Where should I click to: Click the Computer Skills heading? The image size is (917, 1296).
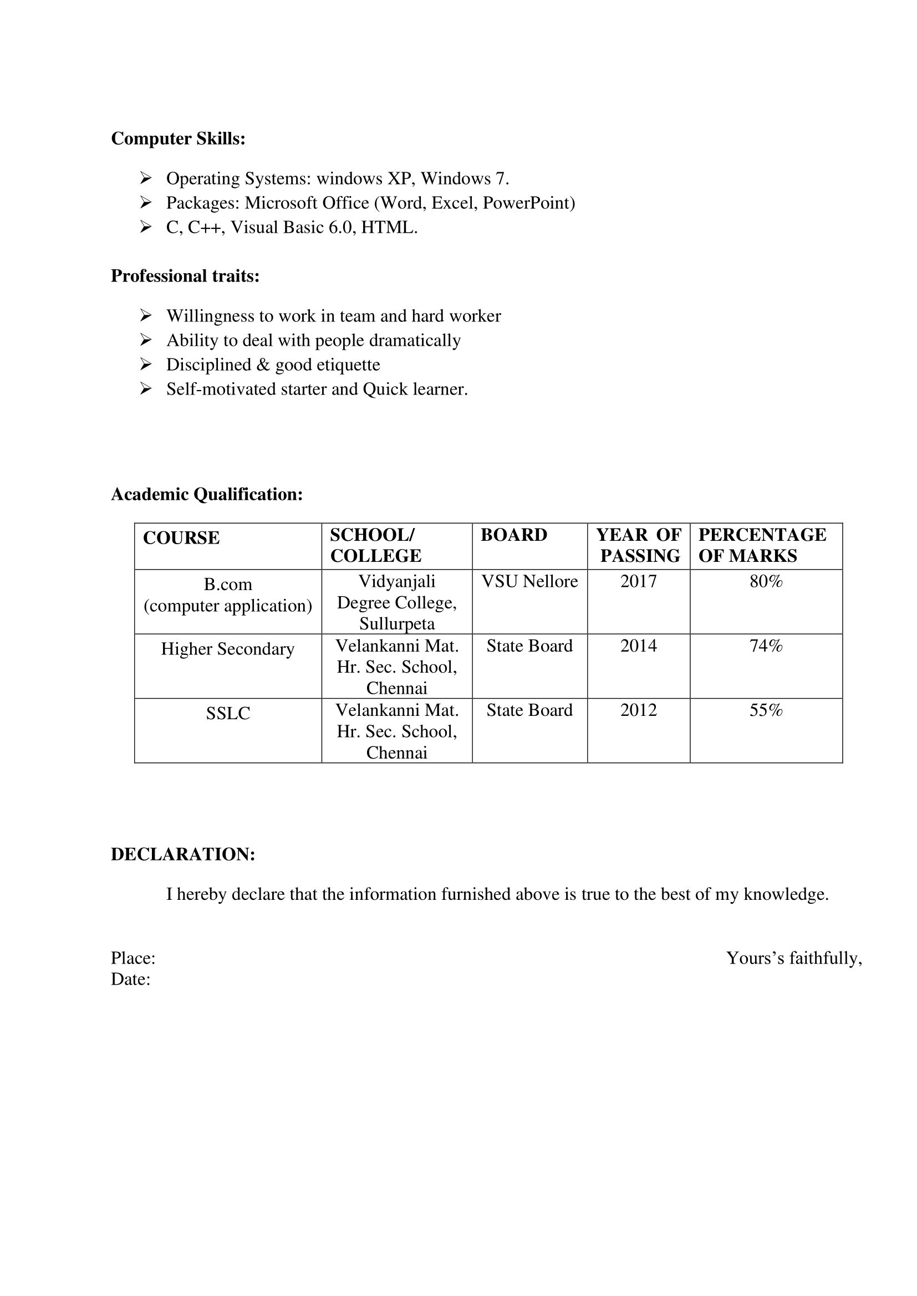[x=178, y=139]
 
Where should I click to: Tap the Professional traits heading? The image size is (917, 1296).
[x=185, y=276]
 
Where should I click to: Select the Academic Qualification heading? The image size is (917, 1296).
[x=207, y=494]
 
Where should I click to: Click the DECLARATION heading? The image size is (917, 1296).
[x=183, y=854]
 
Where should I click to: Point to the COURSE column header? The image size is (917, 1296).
[x=181, y=538]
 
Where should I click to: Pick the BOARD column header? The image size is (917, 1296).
[x=514, y=535]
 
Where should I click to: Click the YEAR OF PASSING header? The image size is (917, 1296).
[x=639, y=545]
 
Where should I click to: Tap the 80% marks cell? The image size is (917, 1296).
[x=766, y=581]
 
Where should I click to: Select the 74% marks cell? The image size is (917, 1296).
[x=766, y=646]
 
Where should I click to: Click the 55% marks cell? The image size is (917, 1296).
[x=766, y=710]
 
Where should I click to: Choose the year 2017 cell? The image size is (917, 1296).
[x=639, y=581]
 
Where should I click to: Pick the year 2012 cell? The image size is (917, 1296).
[x=639, y=710]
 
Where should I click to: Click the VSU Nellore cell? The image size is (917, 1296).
[x=529, y=581]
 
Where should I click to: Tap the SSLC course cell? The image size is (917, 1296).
[x=227, y=714]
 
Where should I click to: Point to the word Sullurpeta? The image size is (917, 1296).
[x=397, y=624]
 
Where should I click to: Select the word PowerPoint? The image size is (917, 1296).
[x=528, y=203]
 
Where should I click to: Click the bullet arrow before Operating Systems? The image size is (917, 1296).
[x=146, y=178]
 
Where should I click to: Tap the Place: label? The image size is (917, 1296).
[x=133, y=958]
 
